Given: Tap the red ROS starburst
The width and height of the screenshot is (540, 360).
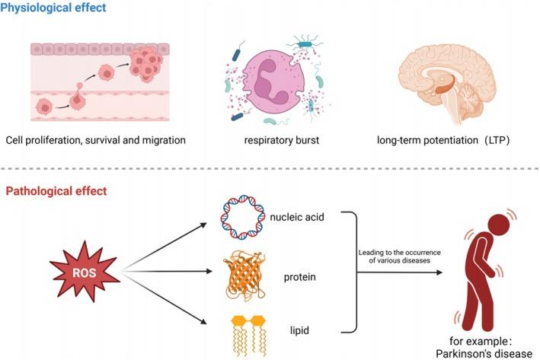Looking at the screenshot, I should tap(83, 268).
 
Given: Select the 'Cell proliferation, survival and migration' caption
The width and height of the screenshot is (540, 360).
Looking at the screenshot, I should tap(95, 141).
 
